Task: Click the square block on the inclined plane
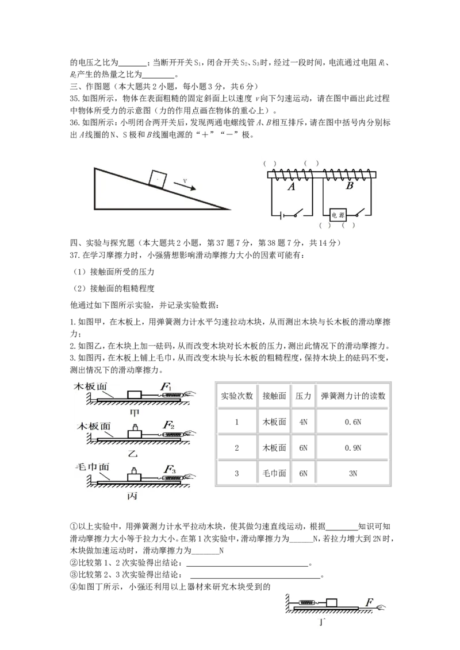(158, 179)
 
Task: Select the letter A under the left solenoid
(292, 187)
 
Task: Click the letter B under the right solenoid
(350, 185)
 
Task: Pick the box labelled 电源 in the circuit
(338, 215)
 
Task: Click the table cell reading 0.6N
(353, 422)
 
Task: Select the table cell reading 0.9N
(353, 448)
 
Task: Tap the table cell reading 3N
(353, 473)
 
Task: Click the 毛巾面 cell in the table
(274, 473)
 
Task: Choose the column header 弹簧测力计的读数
(353, 396)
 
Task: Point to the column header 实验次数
(237, 396)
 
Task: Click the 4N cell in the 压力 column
(304, 422)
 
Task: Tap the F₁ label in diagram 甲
(166, 387)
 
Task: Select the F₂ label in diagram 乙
(168, 425)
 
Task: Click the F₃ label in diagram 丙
(170, 469)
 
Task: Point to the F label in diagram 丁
(369, 602)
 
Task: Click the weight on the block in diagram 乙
(135, 427)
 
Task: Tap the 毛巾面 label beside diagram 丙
(92, 467)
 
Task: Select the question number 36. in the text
(75, 123)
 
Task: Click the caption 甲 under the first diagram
(134, 413)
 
